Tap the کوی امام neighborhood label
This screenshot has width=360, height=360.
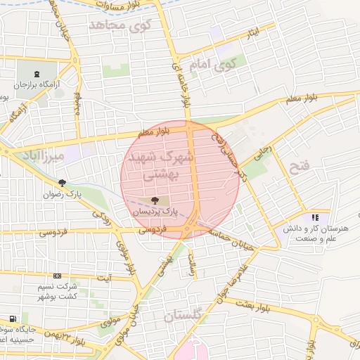coord(211,66)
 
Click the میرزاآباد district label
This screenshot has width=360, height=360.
coord(43,154)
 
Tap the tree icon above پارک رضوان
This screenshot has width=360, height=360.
coord(63,182)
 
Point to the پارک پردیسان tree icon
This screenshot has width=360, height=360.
coord(155,200)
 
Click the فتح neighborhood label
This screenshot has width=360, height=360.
coord(299,168)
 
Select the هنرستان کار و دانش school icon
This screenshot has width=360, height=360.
coord(315,218)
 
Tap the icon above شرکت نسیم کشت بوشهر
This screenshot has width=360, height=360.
coord(57,276)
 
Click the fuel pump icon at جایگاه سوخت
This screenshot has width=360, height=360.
coord(12,318)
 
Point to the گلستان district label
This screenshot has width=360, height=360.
coord(183,316)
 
